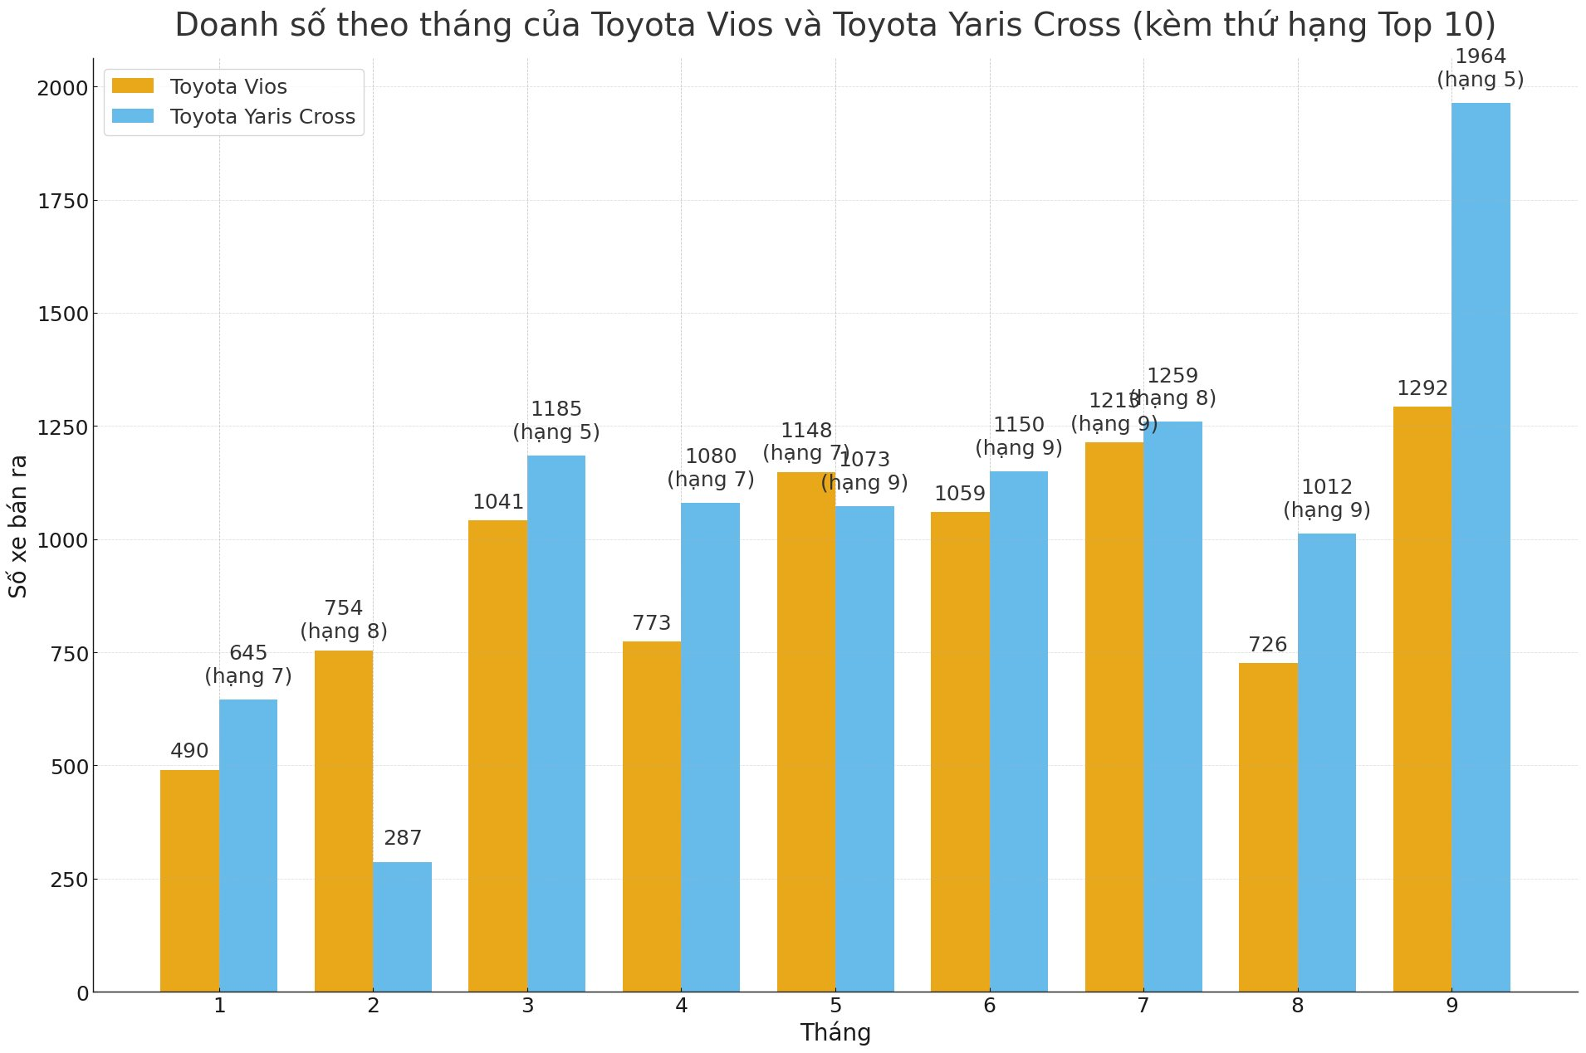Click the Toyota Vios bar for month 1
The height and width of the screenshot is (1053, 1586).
click(x=189, y=880)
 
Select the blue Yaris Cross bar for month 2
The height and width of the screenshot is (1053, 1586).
click(x=402, y=927)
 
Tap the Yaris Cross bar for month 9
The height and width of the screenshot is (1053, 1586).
click(x=1481, y=548)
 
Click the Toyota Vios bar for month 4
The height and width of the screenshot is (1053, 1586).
click(x=652, y=817)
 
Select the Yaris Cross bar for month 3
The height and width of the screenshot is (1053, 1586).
click(x=556, y=724)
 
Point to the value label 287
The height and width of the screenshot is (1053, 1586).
click(x=403, y=838)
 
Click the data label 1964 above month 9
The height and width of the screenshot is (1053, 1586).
click(x=1481, y=57)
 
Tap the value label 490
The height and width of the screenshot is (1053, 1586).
click(x=189, y=751)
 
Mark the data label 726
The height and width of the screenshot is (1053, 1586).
click(x=1268, y=645)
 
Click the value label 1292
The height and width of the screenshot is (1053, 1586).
click(x=1422, y=388)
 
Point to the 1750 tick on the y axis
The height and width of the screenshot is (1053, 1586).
click(x=62, y=202)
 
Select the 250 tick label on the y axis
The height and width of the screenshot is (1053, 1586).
click(x=69, y=880)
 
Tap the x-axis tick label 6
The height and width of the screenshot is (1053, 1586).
click(x=989, y=1007)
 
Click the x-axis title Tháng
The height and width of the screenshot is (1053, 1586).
click(x=835, y=1033)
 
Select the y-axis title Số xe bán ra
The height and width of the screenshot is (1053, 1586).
click(x=18, y=525)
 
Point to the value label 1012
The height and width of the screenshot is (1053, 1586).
click(x=1326, y=487)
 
